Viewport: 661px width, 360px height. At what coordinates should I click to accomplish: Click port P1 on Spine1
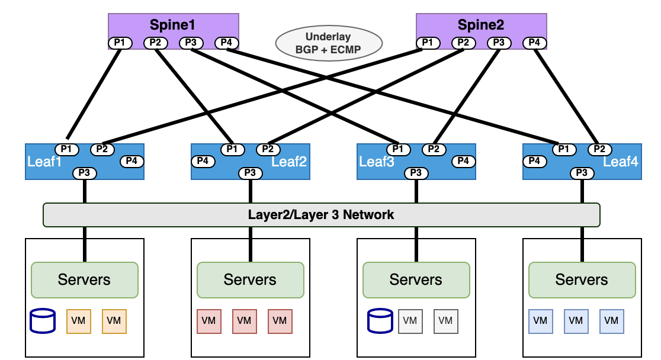pos(120,43)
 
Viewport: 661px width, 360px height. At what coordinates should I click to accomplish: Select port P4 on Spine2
pos(535,43)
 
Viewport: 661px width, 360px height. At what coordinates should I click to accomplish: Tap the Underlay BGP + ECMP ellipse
pos(329,43)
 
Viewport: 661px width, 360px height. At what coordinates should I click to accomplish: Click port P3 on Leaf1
pos(85,173)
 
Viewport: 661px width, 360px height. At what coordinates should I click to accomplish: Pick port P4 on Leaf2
pos(203,161)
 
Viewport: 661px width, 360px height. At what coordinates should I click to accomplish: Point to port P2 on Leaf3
pos(434,149)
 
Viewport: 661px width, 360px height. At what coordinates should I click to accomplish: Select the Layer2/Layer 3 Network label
pos(321,214)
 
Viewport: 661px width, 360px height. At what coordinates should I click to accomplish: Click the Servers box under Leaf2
pos(250,279)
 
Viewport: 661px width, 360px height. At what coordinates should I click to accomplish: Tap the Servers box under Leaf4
pos(582,279)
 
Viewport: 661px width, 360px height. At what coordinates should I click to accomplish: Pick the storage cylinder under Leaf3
pos(379,321)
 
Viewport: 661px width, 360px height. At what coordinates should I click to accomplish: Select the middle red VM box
pos(244,321)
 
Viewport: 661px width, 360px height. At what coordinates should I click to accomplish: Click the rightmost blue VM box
pos(611,321)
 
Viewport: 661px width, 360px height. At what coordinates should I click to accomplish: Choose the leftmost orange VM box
pos(78,321)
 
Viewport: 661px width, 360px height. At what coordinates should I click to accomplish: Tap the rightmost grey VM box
pos(446,321)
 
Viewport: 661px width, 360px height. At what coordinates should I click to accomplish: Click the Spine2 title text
pos(481,25)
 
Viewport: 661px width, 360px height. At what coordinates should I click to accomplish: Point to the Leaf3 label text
pos(377,162)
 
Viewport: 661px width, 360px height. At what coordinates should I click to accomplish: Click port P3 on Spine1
pos(191,43)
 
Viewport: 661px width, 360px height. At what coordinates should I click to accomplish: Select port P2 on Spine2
pos(464,43)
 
